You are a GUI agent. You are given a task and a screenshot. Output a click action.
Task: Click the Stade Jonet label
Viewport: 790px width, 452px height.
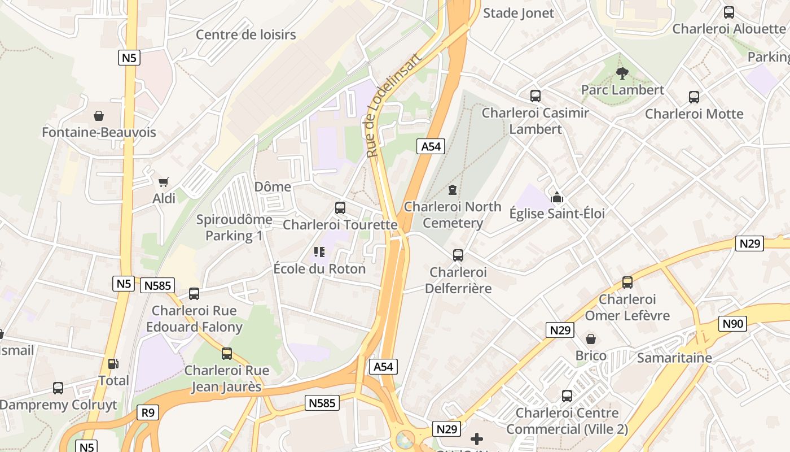(x=519, y=13)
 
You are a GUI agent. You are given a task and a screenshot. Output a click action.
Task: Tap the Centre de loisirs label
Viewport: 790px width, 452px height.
(x=245, y=34)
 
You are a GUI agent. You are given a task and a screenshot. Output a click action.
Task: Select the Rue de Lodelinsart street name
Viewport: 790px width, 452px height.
(x=393, y=106)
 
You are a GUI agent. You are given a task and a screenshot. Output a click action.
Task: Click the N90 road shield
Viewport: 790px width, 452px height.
(x=732, y=324)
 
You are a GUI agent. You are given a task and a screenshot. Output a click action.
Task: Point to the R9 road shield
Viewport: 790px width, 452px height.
(x=147, y=412)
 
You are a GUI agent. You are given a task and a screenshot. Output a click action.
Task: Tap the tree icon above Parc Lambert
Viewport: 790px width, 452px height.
(x=622, y=73)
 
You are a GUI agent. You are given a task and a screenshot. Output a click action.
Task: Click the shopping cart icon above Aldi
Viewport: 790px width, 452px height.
(x=164, y=182)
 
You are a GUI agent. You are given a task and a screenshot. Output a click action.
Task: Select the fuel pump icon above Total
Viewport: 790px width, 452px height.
(x=113, y=364)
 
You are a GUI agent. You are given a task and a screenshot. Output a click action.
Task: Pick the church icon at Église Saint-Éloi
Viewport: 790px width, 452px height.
(x=557, y=197)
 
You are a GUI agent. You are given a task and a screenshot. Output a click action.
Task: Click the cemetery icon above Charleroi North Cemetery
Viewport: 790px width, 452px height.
(x=452, y=190)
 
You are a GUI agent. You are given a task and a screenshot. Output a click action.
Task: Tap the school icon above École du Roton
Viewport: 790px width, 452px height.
(x=319, y=252)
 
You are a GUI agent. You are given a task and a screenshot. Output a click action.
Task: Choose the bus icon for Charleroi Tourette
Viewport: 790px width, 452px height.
(x=340, y=208)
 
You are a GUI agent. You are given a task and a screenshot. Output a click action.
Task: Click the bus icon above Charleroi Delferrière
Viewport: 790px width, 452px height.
(x=458, y=255)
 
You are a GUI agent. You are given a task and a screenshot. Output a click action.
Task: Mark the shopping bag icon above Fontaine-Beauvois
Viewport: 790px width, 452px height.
(x=99, y=116)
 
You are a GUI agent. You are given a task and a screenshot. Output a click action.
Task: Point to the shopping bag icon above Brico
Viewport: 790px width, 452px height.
(x=591, y=339)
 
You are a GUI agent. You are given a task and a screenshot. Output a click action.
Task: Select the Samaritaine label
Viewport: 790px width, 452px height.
(x=674, y=358)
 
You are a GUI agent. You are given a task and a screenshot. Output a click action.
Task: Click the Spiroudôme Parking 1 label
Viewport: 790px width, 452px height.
(x=234, y=227)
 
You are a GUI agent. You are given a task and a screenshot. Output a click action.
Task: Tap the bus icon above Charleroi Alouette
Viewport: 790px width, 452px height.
(x=728, y=12)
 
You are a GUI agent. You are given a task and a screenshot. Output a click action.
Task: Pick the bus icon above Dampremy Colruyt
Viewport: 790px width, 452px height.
(x=58, y=388)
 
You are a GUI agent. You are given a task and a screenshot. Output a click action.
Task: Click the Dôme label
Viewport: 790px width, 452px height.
(x=273, y=186)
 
